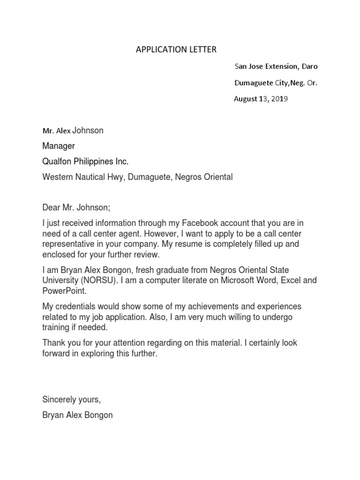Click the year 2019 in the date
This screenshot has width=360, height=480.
[280, 99]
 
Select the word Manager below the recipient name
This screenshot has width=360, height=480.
[59, 146]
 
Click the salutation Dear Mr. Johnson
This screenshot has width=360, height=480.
[75, 208]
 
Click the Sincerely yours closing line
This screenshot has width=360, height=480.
[71, 400]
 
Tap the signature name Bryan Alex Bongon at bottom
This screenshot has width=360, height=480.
[77, 415]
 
